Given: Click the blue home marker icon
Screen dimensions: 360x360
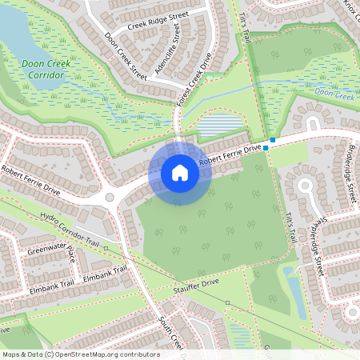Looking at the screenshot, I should coord(180,173).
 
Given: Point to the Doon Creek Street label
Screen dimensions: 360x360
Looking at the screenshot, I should coord(126,56).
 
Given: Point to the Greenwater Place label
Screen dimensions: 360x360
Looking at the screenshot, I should coord(51,255).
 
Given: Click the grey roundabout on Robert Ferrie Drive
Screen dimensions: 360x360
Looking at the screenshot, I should coord(110,197).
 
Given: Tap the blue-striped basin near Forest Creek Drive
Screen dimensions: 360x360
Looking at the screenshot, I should coord(219,126).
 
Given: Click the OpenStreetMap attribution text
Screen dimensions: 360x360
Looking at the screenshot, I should coord(81,354).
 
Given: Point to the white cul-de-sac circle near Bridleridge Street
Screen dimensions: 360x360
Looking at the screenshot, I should coord(305,186).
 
